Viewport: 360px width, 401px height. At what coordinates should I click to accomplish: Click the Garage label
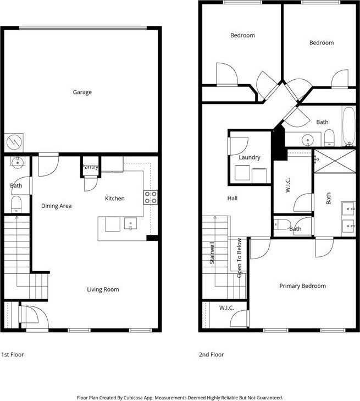pos(82,92)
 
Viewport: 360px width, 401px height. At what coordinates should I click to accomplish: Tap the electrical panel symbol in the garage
pos(14,142)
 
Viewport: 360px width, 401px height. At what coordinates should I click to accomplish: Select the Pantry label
pos(90,167)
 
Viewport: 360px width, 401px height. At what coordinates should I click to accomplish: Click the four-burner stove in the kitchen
pos(151,197)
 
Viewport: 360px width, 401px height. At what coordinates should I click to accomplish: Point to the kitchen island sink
pos(130,223)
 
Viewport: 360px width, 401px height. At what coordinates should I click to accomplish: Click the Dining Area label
pos(56,206)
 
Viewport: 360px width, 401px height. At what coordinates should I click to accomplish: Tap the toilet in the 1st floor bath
pos(16,204)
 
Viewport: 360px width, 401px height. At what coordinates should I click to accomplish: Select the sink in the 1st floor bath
pos(17,163)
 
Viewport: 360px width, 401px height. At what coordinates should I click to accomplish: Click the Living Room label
pos(103,289)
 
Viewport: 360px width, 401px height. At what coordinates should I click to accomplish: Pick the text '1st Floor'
pos(13,355)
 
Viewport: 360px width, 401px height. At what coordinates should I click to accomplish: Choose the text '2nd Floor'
pos(211,355)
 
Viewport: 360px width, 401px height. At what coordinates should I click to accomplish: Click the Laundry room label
pos(250,157)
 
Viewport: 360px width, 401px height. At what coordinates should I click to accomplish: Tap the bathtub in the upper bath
pos(349,126)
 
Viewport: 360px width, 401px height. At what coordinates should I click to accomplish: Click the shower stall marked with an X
pos(335,161)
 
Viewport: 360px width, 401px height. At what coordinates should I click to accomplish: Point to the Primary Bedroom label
pos(302,286)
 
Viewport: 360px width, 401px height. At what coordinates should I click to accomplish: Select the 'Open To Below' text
pos(239,258)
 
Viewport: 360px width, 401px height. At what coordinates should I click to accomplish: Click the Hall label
pos(232,198)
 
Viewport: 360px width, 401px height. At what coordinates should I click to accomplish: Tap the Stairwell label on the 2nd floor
pos(212,253)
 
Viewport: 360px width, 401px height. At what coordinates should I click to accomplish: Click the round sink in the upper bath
pos(308,140)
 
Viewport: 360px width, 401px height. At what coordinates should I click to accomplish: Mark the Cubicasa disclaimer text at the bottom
pos(180,398)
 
